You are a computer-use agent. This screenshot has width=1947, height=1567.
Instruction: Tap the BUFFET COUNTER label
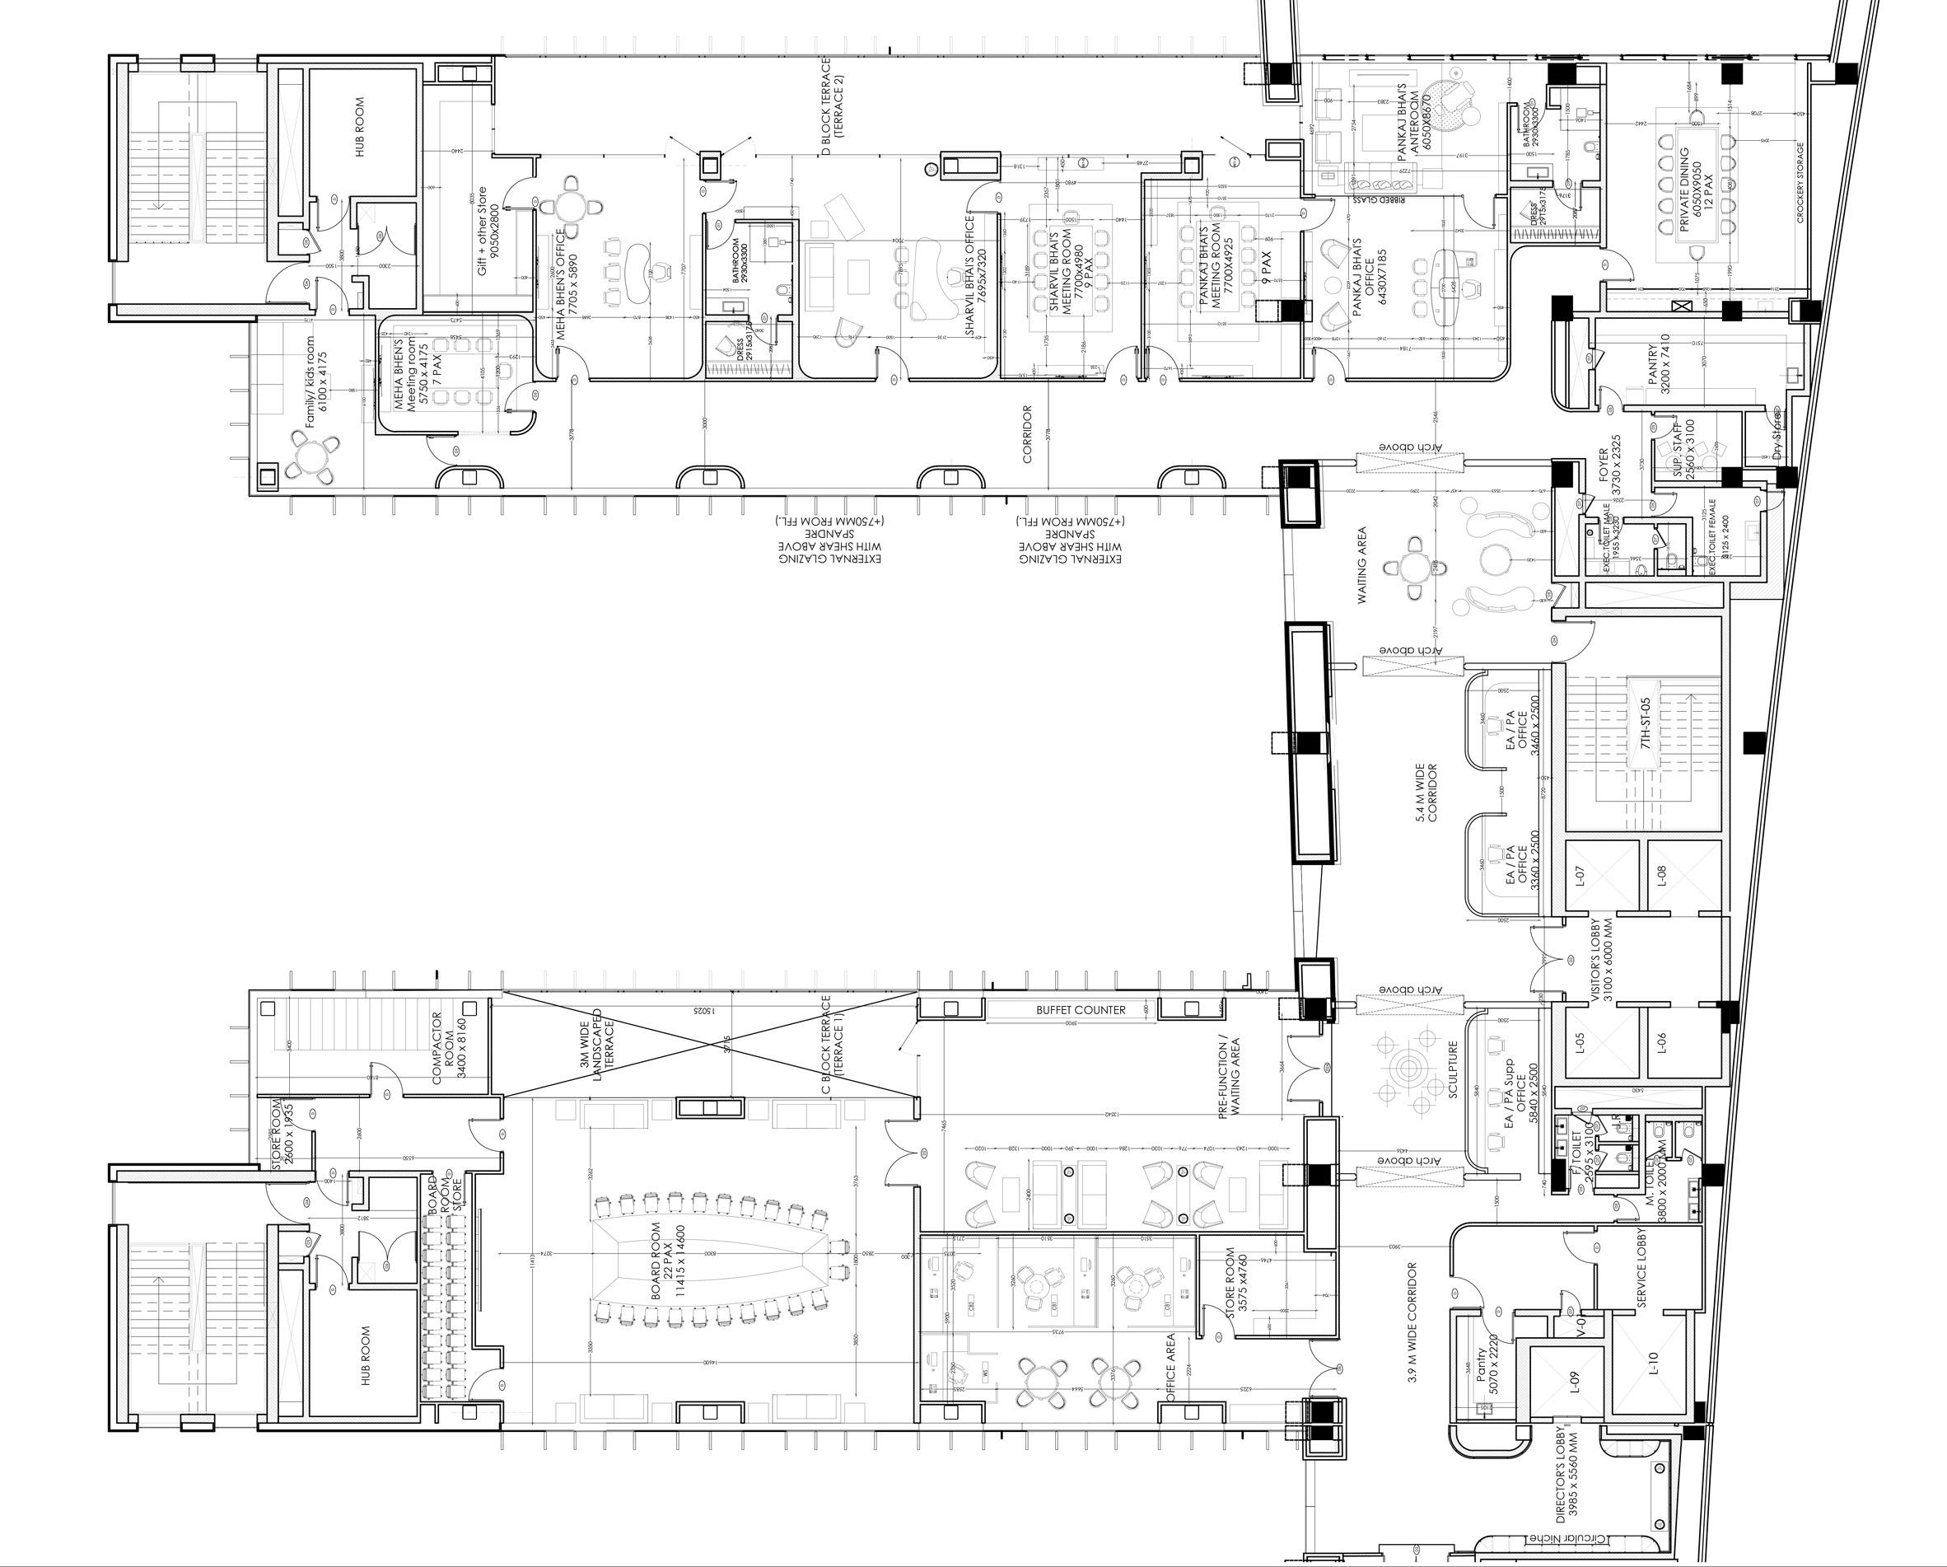point(1081,1010)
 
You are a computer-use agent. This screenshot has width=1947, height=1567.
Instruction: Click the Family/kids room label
point(315,382)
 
